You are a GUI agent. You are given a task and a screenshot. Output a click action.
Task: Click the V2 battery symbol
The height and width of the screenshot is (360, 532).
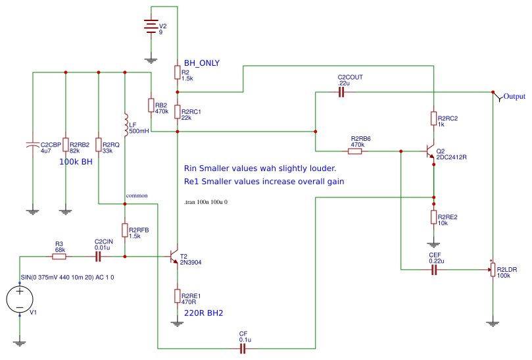[x=151, y=26]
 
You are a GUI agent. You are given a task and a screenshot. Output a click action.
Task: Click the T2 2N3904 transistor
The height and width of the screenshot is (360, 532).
[x=174, y=257]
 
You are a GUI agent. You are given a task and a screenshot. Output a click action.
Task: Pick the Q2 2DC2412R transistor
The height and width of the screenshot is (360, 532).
[x=430, y=151]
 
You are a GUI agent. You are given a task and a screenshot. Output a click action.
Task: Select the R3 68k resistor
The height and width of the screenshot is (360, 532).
[x=59, y=256]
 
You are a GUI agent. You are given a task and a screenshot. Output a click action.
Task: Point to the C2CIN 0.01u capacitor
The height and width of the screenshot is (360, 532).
[x=98, y=256]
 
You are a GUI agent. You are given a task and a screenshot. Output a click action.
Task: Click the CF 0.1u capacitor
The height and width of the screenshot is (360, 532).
[x=243, y=349]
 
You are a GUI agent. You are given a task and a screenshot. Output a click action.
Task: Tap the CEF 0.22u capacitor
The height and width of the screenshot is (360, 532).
[x=434, y=270]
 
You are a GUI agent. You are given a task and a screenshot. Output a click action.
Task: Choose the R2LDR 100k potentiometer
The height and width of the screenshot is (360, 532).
[x=492, y=270]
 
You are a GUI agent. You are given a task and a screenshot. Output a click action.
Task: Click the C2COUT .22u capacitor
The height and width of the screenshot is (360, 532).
[x=341, y=92]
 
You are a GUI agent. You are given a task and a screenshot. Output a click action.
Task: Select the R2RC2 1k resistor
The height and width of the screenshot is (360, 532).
[x=433, y=118]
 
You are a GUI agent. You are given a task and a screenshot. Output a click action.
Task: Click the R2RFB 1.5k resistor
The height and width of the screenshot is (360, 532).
[x=124, y=230]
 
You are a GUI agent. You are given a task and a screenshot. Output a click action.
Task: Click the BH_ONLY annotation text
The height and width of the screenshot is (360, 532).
[x=202, y=63]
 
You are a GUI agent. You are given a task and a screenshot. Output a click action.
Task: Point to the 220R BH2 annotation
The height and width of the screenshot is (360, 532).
[x=203, y=313]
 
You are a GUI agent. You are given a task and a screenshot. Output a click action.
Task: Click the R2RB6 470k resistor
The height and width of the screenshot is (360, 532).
[x=354, y=151]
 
